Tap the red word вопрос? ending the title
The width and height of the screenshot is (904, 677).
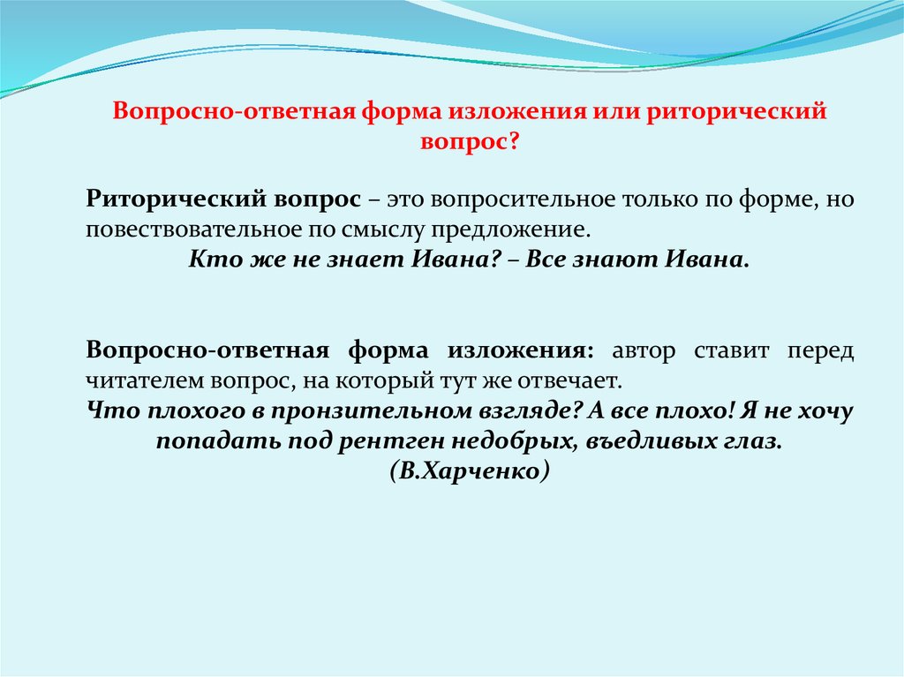pyautogui.click(x=470, y=141)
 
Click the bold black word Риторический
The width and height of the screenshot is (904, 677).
pyautogui.click(x=176, y=199)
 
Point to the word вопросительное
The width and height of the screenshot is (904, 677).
pyautogui.click(x=523, y=199)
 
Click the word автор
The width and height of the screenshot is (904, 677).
pyautogui.click(x=644, y=350)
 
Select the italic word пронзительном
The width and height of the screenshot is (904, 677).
pyautogui.click(x=372, y=411)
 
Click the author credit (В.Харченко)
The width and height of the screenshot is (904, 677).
pyautogui.click(x=470, y=471)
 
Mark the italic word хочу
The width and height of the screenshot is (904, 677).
pyautogui.click(x=825, y=411)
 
